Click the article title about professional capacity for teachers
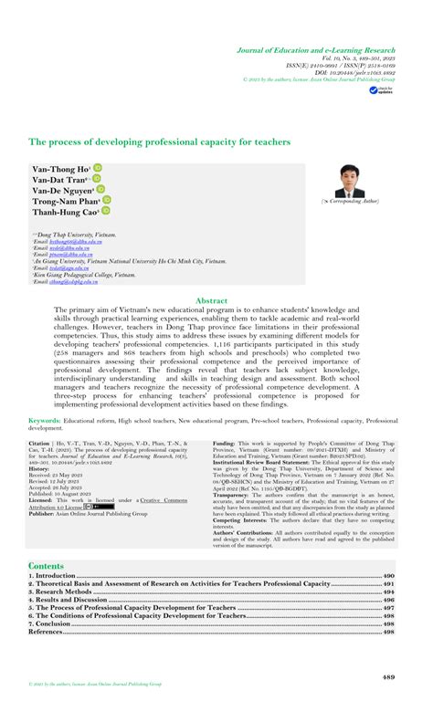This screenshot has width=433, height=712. click(160, 142)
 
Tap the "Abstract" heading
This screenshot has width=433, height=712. click(216, 299)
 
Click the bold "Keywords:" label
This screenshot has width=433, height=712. click(45, 421)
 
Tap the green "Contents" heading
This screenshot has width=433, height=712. click(47, 566)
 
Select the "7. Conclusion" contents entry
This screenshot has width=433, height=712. click(54, 623)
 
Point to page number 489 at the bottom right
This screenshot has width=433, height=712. click(387, 676)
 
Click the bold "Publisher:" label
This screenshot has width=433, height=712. click(48, 513)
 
